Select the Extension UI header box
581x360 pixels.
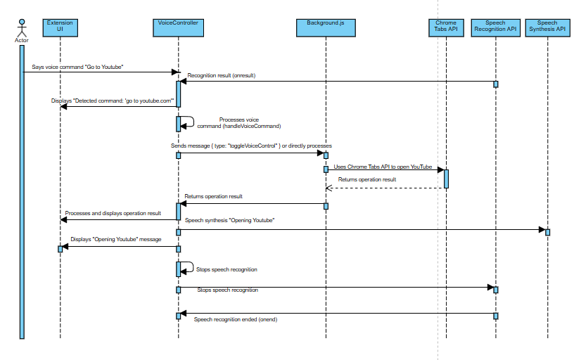[x=60, y=27]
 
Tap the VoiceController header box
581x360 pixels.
[x=178, y=27]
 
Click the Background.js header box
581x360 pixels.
[x=325, y=27]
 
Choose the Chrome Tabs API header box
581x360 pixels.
[x=446, y=27]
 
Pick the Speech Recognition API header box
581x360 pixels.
[x=495, y=27]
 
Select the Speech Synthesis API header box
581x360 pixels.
[x=547, y=27]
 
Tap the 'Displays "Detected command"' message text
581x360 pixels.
[x=113, y=101]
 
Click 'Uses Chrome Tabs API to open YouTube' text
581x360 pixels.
[x=383, y=167]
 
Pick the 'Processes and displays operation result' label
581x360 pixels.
[x=113, y=212]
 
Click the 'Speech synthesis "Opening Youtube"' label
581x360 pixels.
[x=229, y=220]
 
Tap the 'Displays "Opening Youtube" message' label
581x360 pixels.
[x=116, y=240]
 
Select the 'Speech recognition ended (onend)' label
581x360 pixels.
[x=235, y=320]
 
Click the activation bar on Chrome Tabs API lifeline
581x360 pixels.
[x=446, y=179]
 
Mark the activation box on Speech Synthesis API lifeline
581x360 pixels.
[x=547, y=232]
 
